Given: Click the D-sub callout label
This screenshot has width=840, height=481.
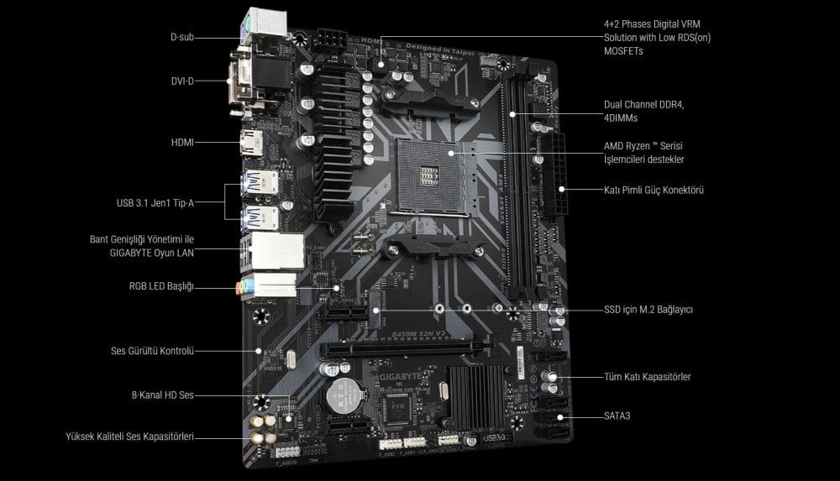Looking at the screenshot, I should pos(182,37).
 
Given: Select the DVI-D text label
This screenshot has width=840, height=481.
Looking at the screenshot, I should pos(182,81).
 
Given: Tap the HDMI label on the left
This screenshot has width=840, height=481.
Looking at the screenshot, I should pos(182,143).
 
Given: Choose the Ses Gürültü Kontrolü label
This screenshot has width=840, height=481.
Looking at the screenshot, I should pos(152,351).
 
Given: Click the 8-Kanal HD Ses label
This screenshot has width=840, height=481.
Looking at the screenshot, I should pos(162,395).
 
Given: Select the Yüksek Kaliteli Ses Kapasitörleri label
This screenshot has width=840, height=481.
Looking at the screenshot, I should pos(130,437).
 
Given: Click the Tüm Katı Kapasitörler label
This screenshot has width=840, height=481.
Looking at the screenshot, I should pos(647,377).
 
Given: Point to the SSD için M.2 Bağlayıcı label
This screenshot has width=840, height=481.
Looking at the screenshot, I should pos(648,309).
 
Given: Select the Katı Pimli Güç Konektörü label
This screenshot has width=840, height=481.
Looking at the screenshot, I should pos(654,190).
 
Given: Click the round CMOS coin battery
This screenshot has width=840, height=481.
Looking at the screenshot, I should pos(343,392).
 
